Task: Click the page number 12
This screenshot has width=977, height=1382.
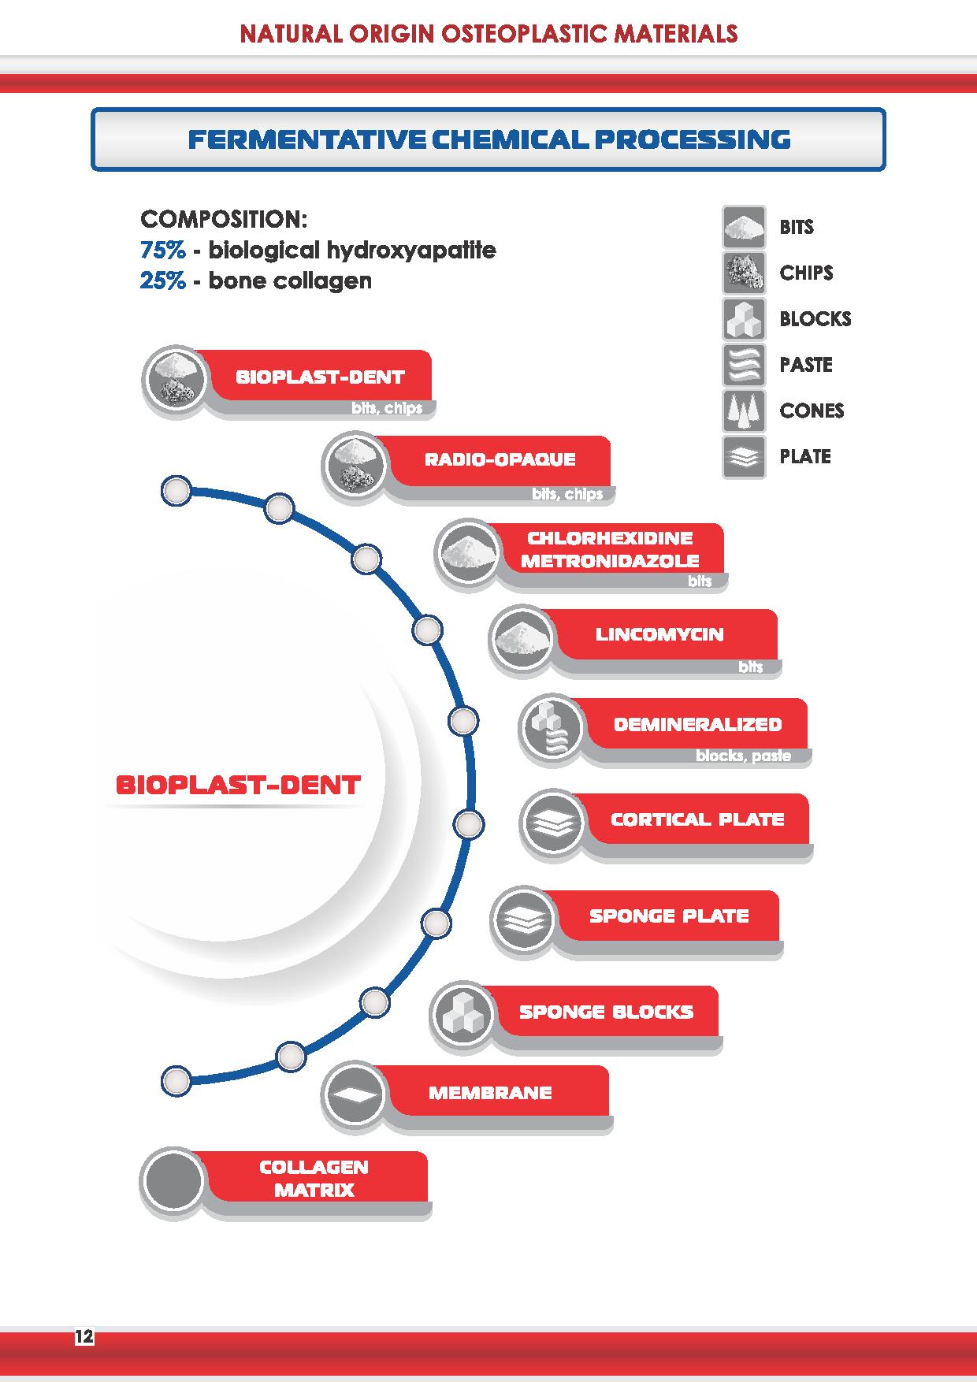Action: point(84,1336)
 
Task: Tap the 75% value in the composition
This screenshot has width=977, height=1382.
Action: point(163,251)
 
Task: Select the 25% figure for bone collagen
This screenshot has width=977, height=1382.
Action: point(163,281)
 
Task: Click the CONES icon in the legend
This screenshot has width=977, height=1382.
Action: point(744,411)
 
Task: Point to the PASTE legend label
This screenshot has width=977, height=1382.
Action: point(806,365)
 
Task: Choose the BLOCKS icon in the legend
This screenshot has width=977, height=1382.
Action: point(744,319)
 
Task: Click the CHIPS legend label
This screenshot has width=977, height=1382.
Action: point(806,273)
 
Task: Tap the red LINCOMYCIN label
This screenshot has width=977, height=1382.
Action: point(659,634)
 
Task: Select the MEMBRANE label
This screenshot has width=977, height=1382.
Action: point(490,1093)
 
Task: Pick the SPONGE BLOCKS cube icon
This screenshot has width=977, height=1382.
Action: point(462,1016)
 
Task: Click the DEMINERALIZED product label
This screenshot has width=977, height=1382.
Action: point(697,724)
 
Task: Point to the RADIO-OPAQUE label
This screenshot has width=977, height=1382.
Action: point(500,459)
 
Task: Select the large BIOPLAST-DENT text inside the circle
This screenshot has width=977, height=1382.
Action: point(238,785)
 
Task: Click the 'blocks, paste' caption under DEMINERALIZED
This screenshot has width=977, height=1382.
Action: point(743,756)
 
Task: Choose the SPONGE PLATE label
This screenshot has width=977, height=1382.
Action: point(669,916)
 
